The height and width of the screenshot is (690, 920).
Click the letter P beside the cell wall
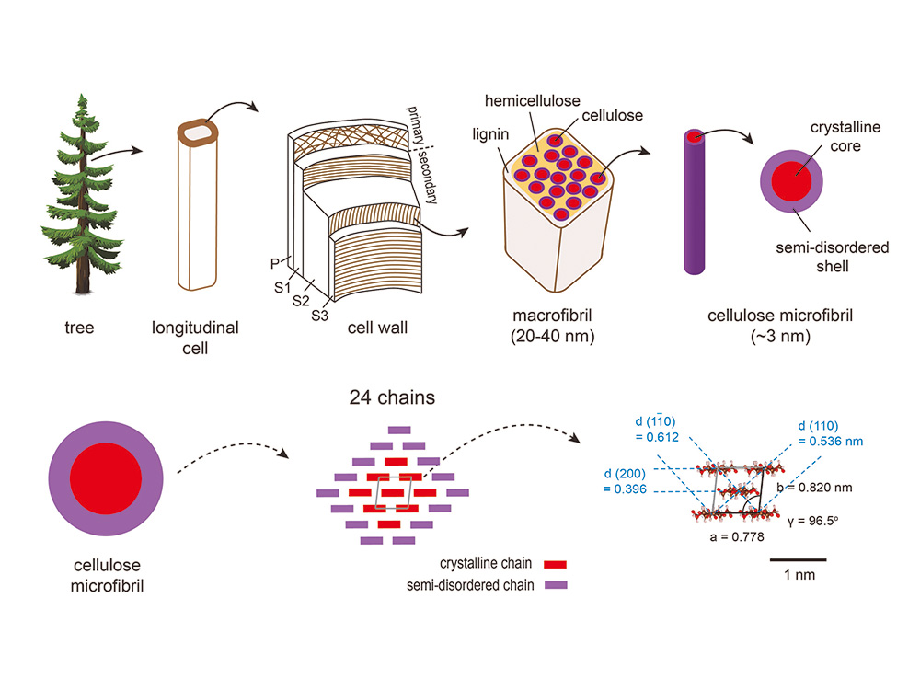[x=275, y=263]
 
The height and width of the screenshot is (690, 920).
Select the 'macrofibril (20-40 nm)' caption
[x=552, y=327]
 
